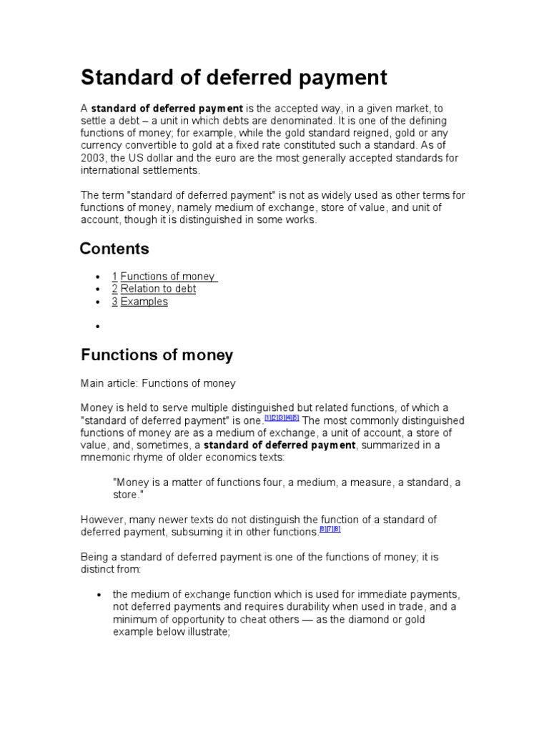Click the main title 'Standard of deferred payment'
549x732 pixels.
(234, 77)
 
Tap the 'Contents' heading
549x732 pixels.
(114, 249)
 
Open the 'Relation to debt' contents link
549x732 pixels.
(158, 289)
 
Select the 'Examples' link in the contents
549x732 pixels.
(144, 302)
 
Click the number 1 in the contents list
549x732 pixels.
(114, 277)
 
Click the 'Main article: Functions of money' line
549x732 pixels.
(158, 383)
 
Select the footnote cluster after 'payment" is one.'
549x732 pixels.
(282, 417)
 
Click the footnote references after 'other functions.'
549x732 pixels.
(330, 530)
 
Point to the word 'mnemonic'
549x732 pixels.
(106, 457)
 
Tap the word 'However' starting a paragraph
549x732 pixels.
(101, 520)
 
